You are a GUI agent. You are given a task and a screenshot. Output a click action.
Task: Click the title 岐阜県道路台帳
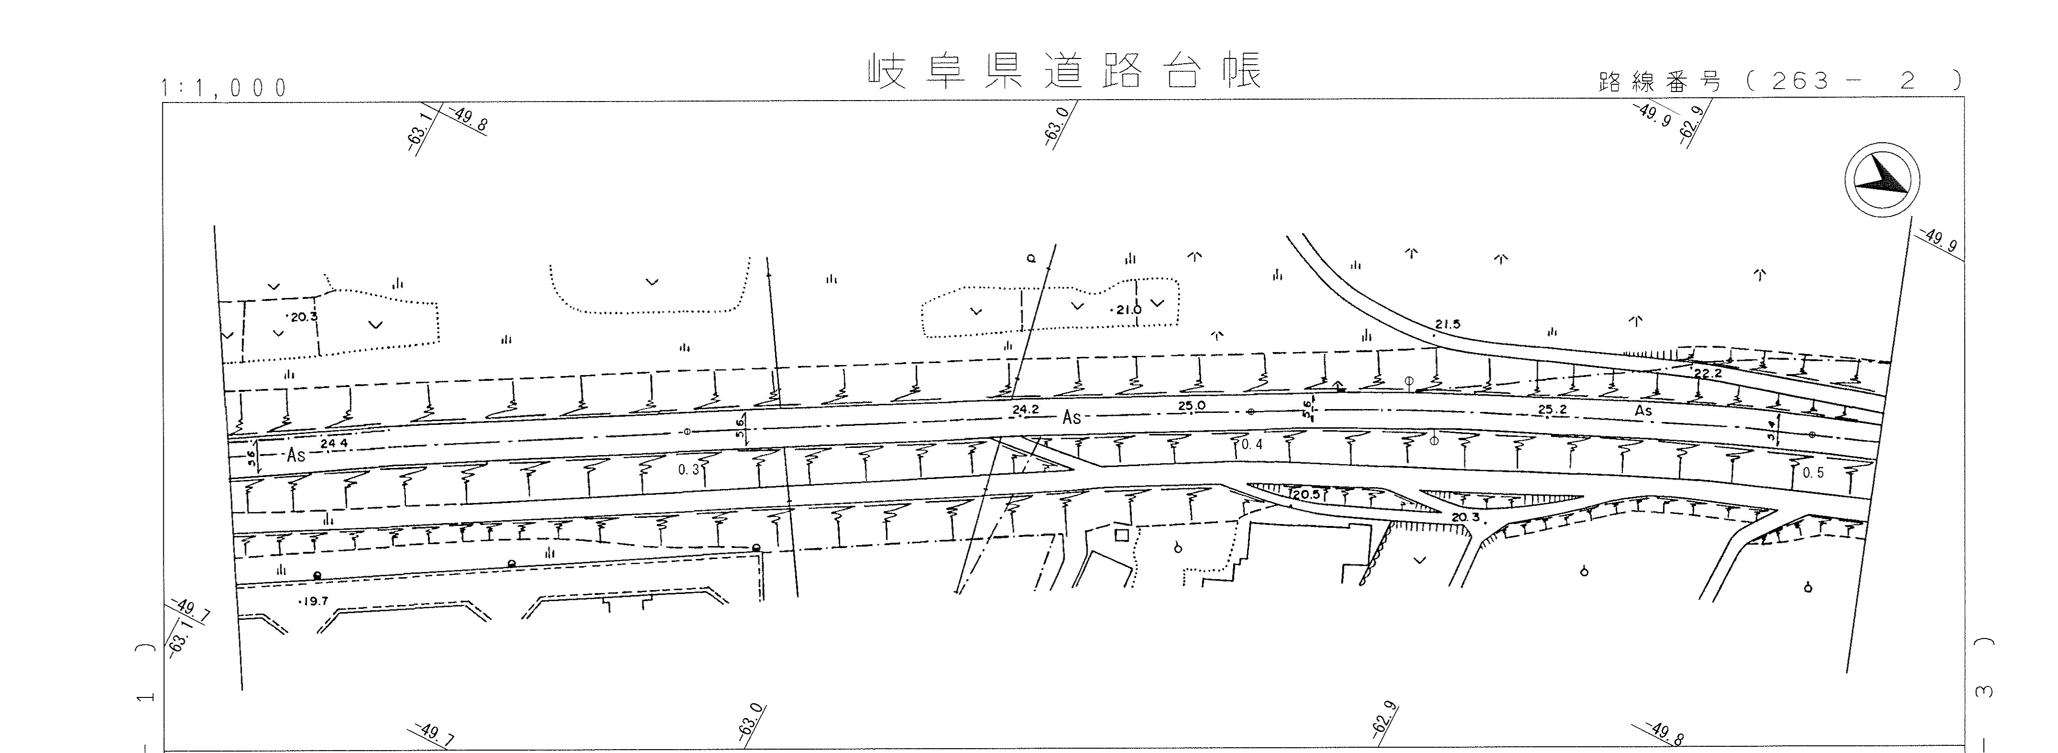(x=1065, y=72)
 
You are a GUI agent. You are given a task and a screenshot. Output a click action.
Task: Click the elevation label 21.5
(x=1447, y=325)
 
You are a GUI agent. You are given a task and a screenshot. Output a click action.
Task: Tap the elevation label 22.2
(x=1707, y=373)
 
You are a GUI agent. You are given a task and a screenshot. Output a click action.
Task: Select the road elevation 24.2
(x=1025, y=410)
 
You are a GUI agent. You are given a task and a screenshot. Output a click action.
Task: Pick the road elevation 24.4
(x=334, y=444)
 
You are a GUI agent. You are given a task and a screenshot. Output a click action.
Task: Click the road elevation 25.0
(x=1191, y=406)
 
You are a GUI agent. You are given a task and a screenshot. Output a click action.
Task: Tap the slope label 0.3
(x=689, y=470)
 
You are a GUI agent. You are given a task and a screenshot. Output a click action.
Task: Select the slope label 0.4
(x=1252, y=445)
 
